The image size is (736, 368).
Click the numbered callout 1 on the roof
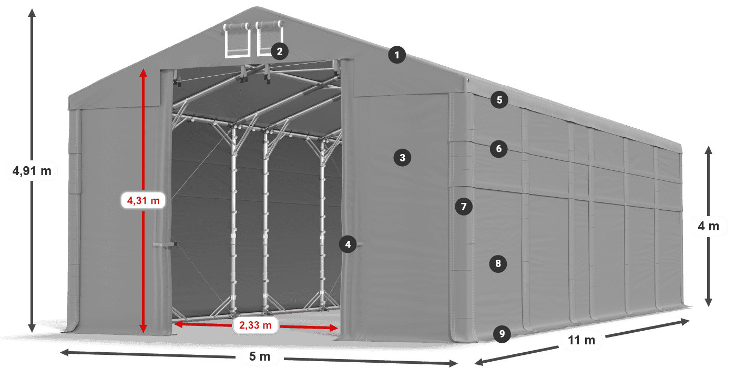(x=397, y=54)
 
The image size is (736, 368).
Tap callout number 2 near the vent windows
(x=279, y=51)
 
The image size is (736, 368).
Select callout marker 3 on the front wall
(x=402, y=157)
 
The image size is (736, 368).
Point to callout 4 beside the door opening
(x=347, y=244)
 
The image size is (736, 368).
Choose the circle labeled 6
(x=498, y=149)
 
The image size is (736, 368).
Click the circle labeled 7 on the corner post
(x=463, y=207)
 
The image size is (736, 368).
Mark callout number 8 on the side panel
(x=498, y=263)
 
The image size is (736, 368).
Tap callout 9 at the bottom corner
(x=502, y=333)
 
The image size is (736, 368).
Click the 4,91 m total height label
(x=32, y=171)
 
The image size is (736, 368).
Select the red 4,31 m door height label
(x=143, y=200)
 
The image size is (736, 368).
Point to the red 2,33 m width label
(x=255, y=325)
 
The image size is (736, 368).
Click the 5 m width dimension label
(x=259, y=357)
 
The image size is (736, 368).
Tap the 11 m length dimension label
(x=581, y=340)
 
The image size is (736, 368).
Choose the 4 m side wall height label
(x=708, y=226)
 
